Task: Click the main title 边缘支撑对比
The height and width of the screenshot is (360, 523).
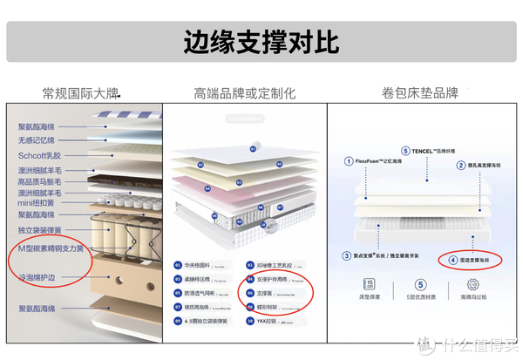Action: pyautogui.click(x=261, y=41)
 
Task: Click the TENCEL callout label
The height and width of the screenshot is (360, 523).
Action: pyautogui.click(x=429, y=150)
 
